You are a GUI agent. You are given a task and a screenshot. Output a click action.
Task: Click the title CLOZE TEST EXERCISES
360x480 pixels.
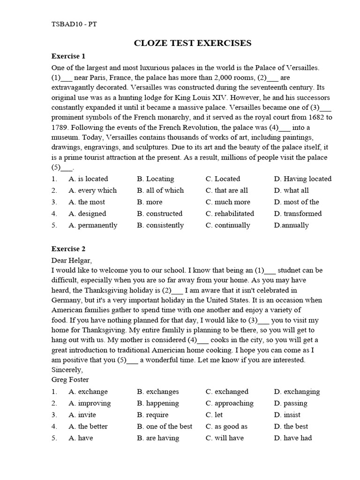pyautogui.click(x=193, y=43)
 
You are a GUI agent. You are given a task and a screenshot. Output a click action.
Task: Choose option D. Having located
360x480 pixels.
pyautogui.click(x=302, y=179)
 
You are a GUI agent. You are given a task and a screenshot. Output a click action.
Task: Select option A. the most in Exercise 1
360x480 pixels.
pyautogui.click(x=87, y=202)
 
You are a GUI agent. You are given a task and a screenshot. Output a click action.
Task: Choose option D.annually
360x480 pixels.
pyautogui.click(x=291, y=225)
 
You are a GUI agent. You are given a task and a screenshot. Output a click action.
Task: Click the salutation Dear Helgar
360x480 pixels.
pyautogui.click(x=72, y=260)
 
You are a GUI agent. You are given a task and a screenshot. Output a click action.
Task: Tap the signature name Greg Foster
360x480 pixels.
pyautogui.click(x=70, y=380)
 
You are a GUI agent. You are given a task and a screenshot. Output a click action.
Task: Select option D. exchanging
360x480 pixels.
pyautogui.click(x=297, y=391)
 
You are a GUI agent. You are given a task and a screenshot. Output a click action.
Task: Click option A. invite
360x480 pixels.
pyautogui.click(x=82, y=415)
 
